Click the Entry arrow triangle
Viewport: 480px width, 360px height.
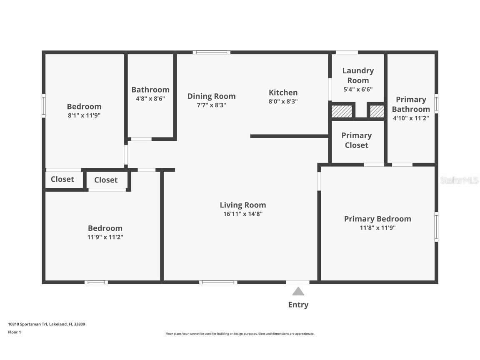click(x=298, y=291)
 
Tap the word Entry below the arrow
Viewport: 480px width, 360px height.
click(x=298, y=305)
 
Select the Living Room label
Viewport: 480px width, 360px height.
click(x=243, y=205)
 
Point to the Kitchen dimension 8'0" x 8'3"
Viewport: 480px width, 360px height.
click(x=283, y=101)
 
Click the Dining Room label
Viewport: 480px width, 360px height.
click(x=211, y=96)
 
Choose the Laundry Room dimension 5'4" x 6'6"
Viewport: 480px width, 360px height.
click(x=358, y=89)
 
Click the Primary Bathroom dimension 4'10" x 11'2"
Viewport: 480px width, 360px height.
click(x=411, y=118)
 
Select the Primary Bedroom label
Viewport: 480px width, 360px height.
click(x=377, y=219)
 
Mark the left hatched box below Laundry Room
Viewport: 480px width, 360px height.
click(x=342, y=112)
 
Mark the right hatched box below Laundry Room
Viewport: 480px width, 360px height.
click(x=377, y=112)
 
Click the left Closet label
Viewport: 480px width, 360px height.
click(x=62, y=179)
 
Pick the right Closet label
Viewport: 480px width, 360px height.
click(x=106, y=180)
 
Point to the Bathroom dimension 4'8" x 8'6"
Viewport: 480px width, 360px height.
click(x=150, y=99)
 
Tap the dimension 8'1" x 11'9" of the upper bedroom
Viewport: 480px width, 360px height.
click(x=84, y=115)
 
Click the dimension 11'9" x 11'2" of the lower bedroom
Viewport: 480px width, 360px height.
click(x=105, y=237)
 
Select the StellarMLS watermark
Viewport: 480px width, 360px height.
click(x=459, y=180)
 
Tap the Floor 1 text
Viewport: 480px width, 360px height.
click(x=14, y=332)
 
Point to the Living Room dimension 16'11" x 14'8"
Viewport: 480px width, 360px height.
click(x=243, y=214)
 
